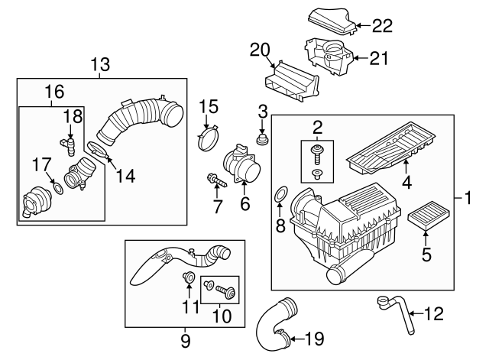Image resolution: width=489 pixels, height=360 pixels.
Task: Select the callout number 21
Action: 380,57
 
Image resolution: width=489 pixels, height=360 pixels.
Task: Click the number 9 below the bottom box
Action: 185,339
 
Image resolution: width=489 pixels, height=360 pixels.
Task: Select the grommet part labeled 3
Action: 262,141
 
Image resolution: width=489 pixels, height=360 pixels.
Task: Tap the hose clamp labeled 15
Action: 208,141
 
